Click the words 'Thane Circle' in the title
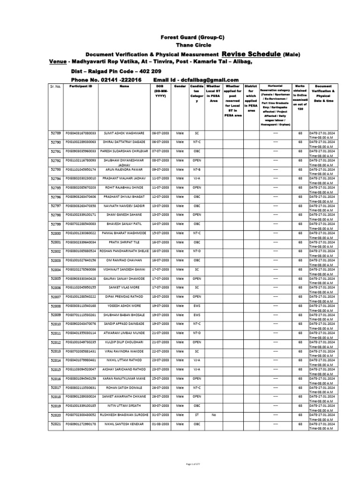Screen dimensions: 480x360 180,45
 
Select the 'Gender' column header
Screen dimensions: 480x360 180,87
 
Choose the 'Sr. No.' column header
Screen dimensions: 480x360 55,87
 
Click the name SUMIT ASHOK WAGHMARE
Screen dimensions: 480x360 124,133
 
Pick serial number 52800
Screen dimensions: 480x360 56,233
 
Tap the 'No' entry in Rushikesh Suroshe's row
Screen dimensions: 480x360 214,415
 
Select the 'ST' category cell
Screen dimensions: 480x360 196,415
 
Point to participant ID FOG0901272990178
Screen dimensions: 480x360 81,424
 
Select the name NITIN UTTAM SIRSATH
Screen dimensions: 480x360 124,405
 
